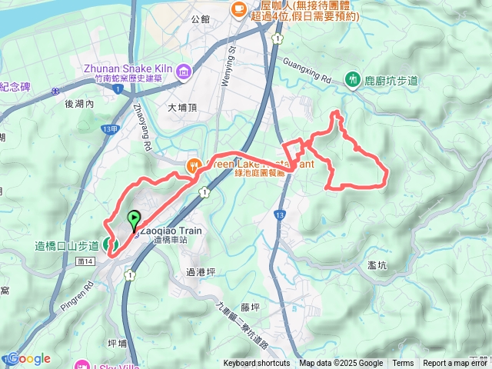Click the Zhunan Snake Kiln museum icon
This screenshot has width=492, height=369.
[184, 72]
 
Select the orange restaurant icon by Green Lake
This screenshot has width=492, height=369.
[194, 164]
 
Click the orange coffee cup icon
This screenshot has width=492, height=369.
[238, 8]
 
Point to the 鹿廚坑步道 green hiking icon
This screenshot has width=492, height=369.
[353, 78]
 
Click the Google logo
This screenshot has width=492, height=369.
[28, 358]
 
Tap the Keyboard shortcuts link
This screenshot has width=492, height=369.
[257, 364]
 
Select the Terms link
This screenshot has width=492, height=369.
[403, 364]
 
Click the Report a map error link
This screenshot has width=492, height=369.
[456, 364]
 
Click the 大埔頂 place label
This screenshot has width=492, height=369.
[183, 108]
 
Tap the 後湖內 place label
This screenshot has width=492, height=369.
[78, 104]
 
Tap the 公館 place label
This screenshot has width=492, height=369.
[201, 18]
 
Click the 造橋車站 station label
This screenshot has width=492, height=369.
[171, 241]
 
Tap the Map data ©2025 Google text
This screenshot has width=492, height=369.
[341, 364]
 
